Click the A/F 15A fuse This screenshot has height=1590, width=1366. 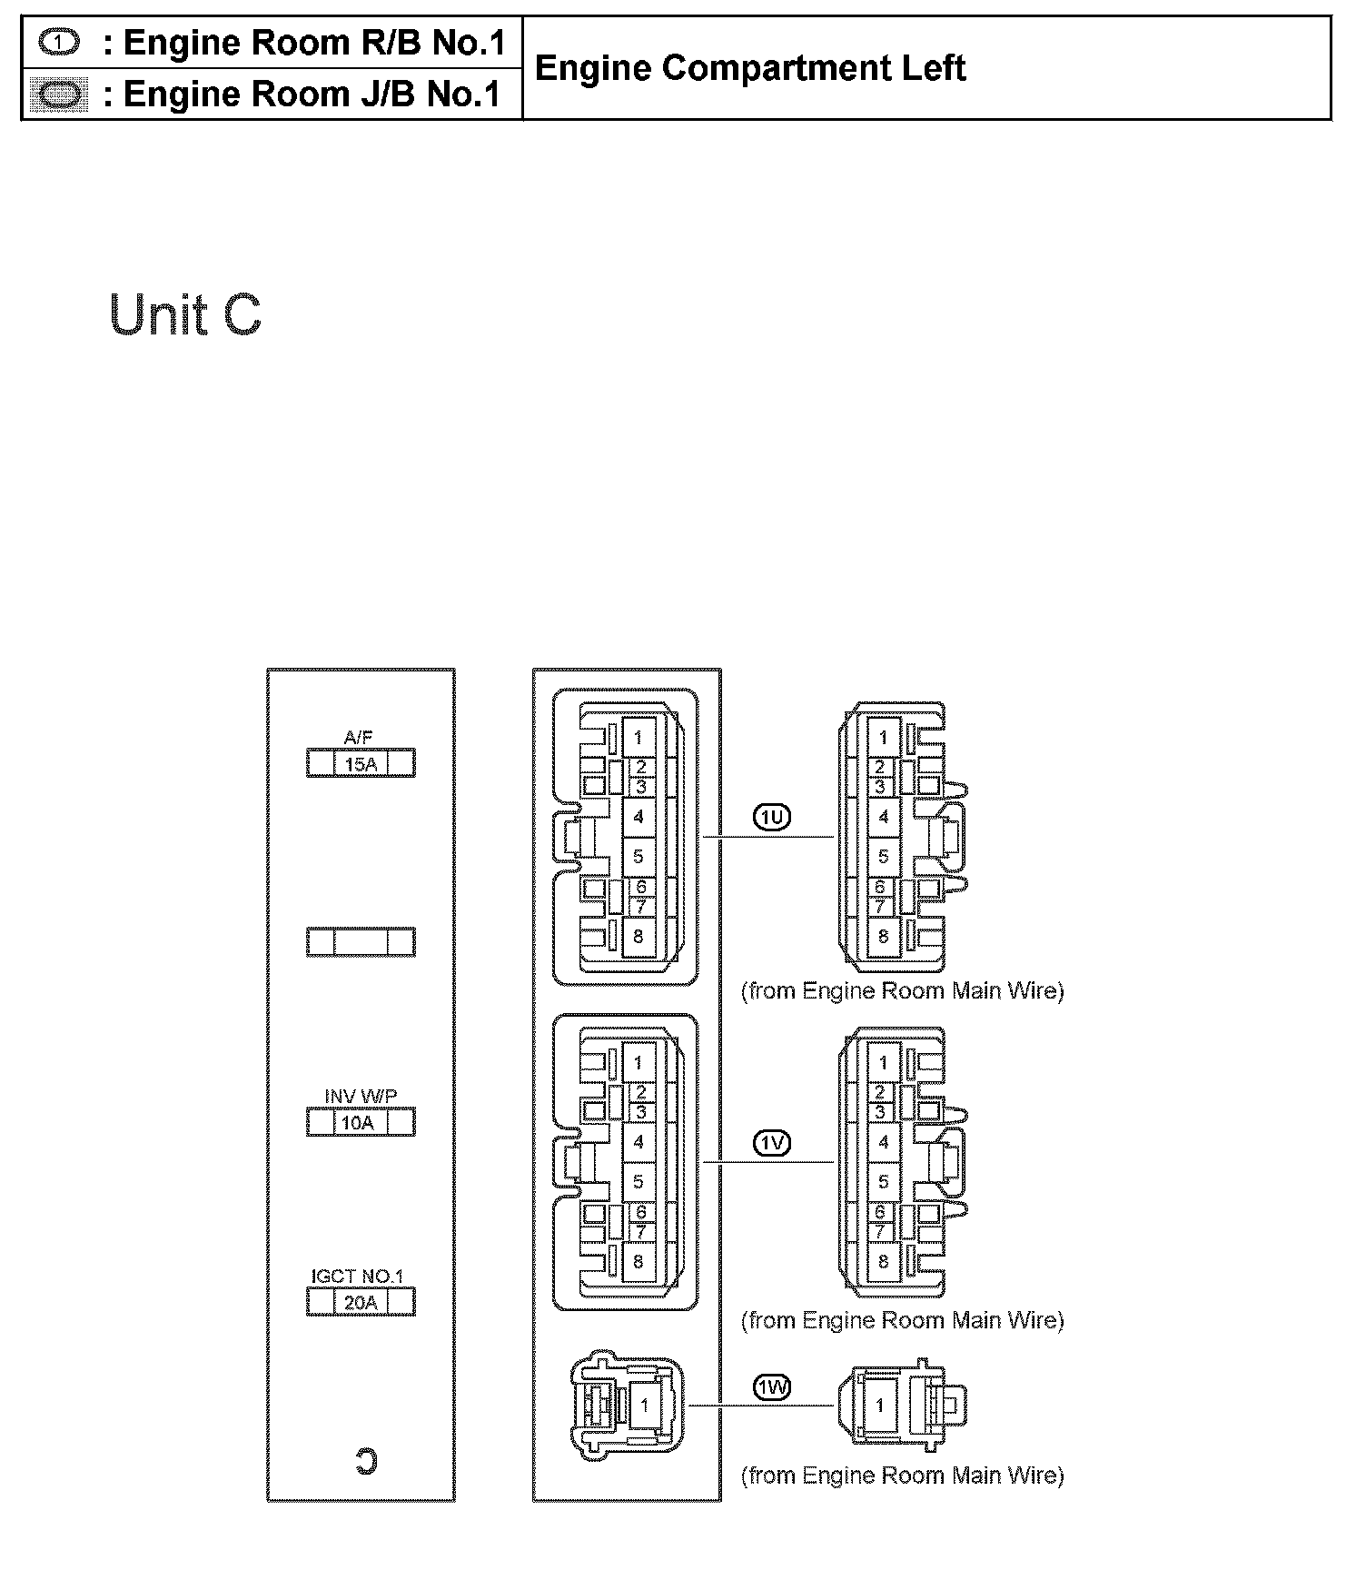point(361,763)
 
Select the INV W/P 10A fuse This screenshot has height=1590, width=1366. point(361,1122)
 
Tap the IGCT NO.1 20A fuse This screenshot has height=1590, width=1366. point(361,1302)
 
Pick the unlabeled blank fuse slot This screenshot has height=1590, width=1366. point(361,942)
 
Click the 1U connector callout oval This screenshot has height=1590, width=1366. point(772,818)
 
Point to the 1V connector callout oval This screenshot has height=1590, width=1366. point(772,1143)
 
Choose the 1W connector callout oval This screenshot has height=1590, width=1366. point(772,1387)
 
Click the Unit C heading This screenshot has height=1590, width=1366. point(185,315)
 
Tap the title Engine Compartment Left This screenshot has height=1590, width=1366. point(749,68)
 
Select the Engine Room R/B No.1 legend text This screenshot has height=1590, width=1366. point(313,43)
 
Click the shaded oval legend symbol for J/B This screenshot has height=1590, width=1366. point(59,94)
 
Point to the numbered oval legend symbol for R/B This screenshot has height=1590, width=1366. point(60,42)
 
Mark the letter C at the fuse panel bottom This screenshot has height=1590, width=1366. point(365,1462)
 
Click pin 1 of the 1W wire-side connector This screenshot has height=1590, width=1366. point(879,1406)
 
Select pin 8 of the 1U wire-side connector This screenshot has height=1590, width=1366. point(883,937)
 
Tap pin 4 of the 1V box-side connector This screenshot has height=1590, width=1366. point(638,1142)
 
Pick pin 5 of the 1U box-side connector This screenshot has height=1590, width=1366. point(638,856)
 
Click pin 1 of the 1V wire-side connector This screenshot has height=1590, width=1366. point(883,1062)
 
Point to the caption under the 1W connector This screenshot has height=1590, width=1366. point(902,1476)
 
